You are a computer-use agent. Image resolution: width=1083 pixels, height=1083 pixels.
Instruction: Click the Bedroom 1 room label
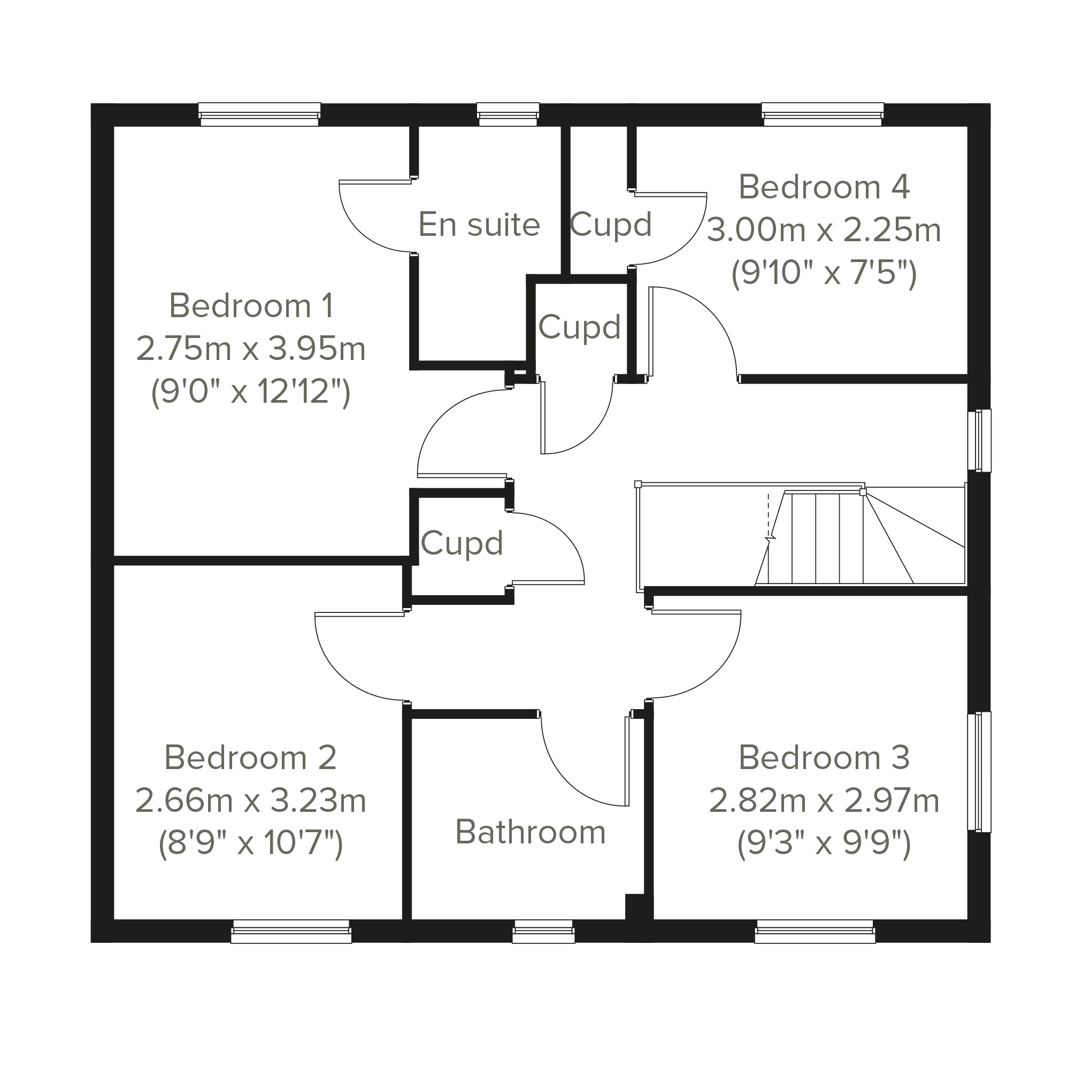pos(251,306)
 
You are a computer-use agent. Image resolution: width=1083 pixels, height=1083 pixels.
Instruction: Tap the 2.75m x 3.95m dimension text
pos(251,349)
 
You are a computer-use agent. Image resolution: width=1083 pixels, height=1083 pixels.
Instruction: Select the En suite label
pos(479,225)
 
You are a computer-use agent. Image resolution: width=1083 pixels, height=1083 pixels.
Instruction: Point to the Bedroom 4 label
pos(824,187)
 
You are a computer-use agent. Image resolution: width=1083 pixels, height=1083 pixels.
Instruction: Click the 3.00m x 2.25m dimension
pos(824,231)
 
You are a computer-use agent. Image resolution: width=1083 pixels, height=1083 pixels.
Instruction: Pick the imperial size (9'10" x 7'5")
pos(824,273)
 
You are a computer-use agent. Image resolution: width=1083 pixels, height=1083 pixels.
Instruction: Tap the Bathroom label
pos(531,832)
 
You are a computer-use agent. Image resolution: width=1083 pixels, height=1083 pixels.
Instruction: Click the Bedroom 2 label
pos(251,758)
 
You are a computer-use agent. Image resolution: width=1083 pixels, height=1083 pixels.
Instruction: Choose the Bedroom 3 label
pos(824,758)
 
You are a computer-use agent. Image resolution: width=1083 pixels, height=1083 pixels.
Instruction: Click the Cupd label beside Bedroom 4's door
pos(611,225)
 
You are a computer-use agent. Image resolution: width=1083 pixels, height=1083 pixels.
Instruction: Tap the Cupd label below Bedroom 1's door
pos(462,543)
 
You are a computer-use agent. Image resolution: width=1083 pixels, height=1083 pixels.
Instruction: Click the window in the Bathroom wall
pos(544,933)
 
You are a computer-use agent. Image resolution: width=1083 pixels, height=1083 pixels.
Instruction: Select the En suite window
pos(508,114)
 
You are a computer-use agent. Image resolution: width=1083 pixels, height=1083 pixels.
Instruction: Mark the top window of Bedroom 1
pos(259,114)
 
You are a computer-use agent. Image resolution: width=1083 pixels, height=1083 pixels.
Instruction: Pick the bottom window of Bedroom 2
pos(291,933)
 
